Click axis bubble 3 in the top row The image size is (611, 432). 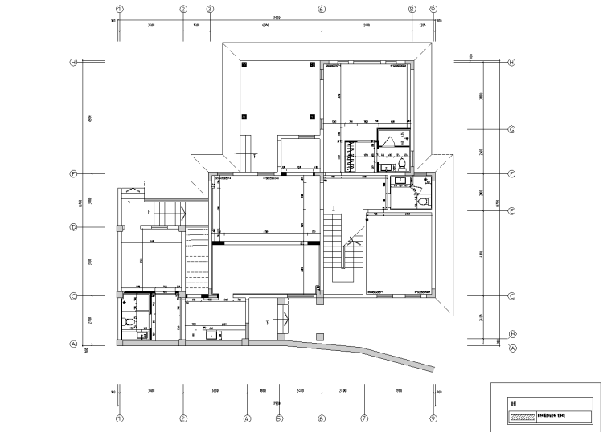(x=210, y=10)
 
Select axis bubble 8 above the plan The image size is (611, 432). (x=411, y=10)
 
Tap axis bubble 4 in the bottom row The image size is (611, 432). (x=248, y=418)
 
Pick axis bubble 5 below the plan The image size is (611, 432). (x=279, y=418)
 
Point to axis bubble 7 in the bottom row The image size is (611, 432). (x=364, y=418)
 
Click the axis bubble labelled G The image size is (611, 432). (x=511, y=130)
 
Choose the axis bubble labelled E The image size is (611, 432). (x=511, y=210)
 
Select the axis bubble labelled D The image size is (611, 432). (x=73, y=227)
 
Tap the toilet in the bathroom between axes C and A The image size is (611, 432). (x=129, y=323)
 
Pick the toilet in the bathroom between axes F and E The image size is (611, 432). (x=423, y=200)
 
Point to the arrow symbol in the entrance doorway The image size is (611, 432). (x=267, y=322)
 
